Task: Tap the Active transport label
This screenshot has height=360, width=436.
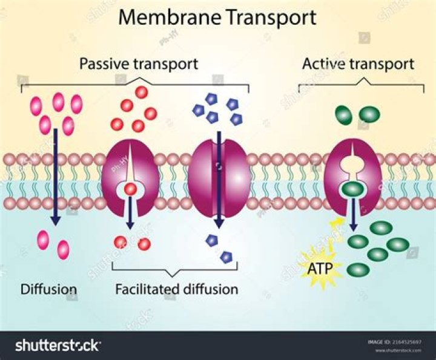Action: pyautogui.click(x=358, y=64)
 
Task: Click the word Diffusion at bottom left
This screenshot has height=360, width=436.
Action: pyautogui.click(x=49, y=289)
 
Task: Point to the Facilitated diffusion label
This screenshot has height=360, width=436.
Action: pyautogui.click(x=177, y=289)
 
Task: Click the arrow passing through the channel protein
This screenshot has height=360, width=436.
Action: pyautogui.click(x=219, y=182)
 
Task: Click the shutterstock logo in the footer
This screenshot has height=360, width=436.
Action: pyautogui.click(x=58, y=345)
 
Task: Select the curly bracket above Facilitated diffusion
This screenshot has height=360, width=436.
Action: pyautogui.click(x=176, y=269)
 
